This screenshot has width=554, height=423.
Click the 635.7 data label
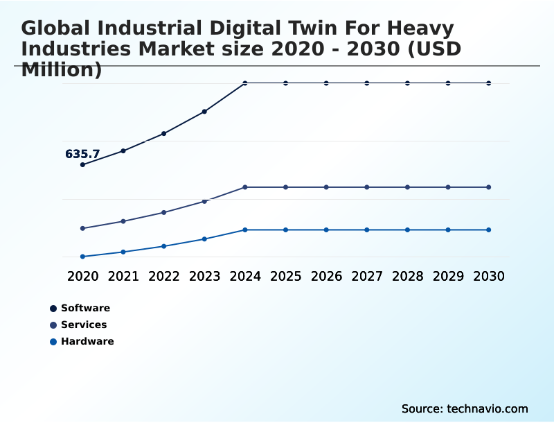point(82,154)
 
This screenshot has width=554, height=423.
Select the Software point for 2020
point(82,164)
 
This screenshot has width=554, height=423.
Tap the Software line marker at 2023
point(204,111)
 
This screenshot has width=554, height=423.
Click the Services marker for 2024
point(245,187)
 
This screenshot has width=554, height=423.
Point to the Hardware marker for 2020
point(82,257)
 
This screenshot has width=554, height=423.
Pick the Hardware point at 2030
point(489,230)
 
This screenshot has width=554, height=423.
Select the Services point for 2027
point(367,187)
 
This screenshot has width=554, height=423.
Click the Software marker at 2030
point(489,83)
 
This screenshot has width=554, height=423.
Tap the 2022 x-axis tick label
point(164,276)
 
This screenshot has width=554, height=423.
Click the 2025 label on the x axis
point(285,276)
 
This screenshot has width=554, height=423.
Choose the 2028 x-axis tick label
point(407,276)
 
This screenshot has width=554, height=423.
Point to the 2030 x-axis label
point(489,276)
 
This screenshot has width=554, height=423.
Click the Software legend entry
point(85,308)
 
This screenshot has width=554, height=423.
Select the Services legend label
point(84,325)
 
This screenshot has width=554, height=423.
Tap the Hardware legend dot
point(53,341)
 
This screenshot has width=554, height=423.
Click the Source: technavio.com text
point(465,408)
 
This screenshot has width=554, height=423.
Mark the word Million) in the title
point(62,69)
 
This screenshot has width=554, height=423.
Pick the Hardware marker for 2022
point(164,246)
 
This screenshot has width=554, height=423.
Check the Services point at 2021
point(123,221)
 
